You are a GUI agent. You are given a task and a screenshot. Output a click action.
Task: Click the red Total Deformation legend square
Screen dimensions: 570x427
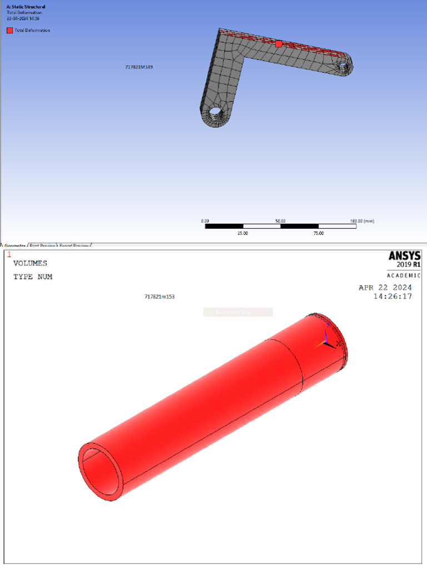point(9,31)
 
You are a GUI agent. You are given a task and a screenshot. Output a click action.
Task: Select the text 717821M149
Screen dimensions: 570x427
point(139,67)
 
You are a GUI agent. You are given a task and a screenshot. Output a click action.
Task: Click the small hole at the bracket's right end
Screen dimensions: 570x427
point(344,67)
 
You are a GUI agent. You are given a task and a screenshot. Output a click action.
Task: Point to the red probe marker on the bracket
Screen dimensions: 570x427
point(279,44)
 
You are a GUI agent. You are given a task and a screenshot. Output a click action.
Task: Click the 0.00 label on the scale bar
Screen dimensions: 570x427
point(205,221)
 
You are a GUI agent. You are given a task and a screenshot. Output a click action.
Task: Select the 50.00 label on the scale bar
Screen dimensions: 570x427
point(280,221)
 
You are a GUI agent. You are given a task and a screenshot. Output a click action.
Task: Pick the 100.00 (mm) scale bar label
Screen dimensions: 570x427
point(362,221)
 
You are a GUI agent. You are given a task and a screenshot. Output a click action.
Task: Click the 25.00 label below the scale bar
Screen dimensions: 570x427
point(242,234)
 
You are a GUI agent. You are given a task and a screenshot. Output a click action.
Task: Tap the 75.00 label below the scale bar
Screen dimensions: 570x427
point(318,234)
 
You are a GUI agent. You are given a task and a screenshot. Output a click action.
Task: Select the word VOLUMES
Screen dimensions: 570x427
point(31,263)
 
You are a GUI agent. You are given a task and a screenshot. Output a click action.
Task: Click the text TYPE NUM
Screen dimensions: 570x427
point(33,277)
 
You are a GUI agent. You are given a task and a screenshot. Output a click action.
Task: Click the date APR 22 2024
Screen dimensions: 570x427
point(385,287)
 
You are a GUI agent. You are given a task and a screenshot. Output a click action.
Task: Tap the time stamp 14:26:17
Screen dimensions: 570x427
point(393,297)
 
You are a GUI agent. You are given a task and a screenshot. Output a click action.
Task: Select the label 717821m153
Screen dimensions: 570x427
point(160,297)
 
